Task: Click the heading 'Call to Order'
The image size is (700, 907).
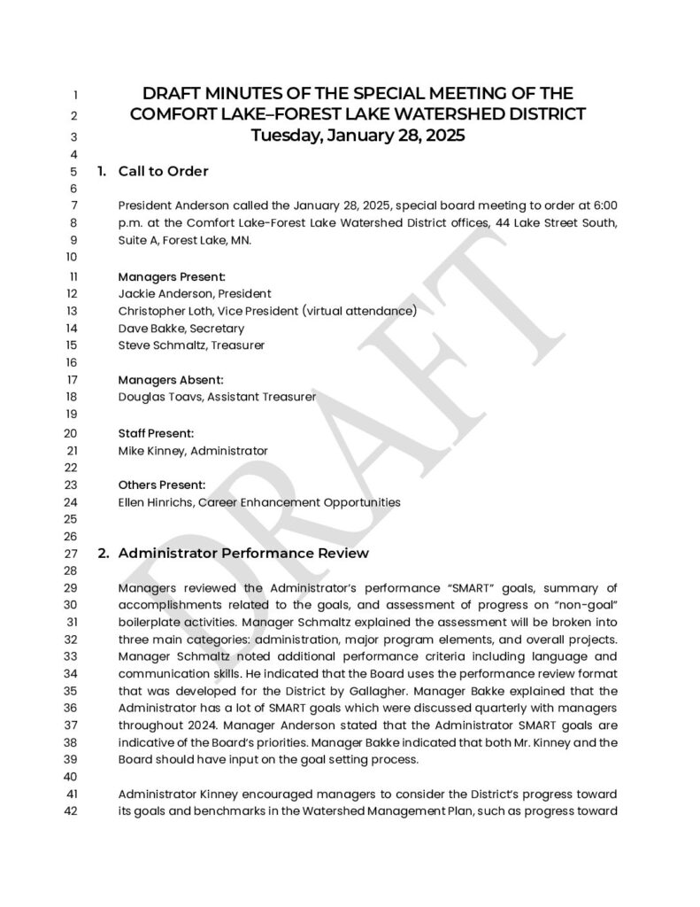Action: [163, 171]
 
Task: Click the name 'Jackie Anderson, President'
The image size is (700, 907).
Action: [195, 293]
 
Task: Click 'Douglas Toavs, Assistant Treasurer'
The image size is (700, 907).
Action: [217, 397]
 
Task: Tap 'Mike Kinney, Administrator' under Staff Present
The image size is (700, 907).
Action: [192, 451]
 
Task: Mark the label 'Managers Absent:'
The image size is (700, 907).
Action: [164, 380]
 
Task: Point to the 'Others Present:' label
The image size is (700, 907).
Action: [161, 485]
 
